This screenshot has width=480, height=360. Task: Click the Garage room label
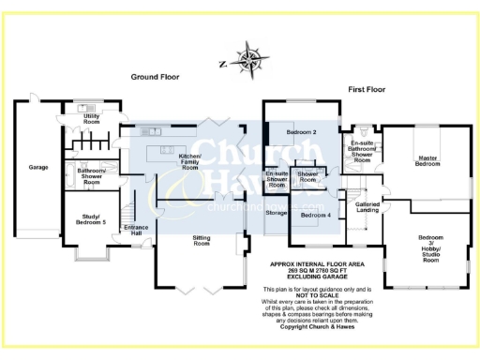pos(38,167)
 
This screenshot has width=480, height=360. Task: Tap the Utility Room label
pos(92,119)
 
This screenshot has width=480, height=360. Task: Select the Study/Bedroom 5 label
pos(91,220)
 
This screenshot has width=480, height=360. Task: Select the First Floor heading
pos(368,89)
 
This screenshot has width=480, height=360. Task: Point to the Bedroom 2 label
pos(301,132)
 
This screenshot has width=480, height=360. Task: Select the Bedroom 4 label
pos(314,216)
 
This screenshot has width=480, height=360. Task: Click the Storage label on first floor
pos(277,213)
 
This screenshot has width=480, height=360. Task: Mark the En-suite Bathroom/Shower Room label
pos(362,151)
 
